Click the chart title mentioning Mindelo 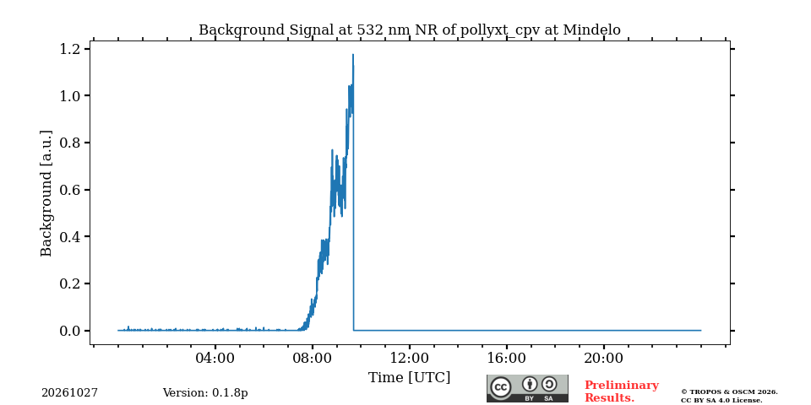click(x=409, y=30)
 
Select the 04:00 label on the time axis click(x=215, y=359)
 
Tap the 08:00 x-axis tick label click(x=312, y=359)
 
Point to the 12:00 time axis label click(x=409, y=359)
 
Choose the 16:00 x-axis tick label click(x=506, y=359)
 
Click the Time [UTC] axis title click(x=409, y=378)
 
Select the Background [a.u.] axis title click(x=46, y=193)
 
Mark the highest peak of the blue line click(x=353, y=54)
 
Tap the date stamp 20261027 click(x=70, y=393)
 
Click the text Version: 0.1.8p click(x=205, y=393)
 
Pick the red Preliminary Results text click(x=622, y=391)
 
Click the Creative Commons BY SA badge click(x=527, y=388)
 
